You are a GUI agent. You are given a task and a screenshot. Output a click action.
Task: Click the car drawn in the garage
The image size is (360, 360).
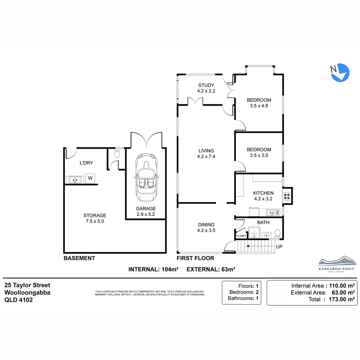pos(146,177)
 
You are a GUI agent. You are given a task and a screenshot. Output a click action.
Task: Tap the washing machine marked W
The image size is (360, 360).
pos(90,178)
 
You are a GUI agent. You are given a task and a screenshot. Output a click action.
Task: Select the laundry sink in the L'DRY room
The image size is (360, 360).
pos(75,180)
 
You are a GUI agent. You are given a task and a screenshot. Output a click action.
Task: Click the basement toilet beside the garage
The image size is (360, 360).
pos(117,153)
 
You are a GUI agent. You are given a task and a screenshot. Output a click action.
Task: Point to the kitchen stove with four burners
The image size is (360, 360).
pos(287,196)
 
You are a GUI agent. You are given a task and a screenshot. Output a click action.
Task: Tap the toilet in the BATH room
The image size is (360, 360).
pos(278,234)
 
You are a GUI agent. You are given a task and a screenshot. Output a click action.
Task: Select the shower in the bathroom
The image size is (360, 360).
pos(254,233)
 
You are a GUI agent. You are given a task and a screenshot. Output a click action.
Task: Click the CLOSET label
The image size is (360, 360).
pos(241,236)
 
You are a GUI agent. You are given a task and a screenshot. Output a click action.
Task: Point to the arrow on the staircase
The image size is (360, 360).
pos(261,246)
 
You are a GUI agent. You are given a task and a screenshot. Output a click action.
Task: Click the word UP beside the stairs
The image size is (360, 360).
pos(279,247)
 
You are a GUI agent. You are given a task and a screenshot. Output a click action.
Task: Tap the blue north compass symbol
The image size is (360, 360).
pos(340,73)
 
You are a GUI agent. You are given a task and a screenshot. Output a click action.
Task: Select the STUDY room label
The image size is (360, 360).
pos(206,85)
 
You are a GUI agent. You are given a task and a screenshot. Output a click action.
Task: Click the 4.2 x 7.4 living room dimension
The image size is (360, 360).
pos(206,157)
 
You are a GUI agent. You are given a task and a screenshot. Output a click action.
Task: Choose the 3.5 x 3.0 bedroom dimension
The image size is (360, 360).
pos(259,155)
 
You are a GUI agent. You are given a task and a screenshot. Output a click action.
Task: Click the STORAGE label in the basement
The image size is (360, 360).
pos(95,216)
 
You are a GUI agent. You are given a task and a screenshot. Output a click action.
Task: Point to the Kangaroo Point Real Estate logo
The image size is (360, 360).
pos(336,264)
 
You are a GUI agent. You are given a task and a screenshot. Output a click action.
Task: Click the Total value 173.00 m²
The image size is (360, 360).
pos(342,299)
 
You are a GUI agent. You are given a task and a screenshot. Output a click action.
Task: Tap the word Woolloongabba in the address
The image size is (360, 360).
pos(27,293)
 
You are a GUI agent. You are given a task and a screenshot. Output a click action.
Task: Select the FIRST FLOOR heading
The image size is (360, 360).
pos(195,258)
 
